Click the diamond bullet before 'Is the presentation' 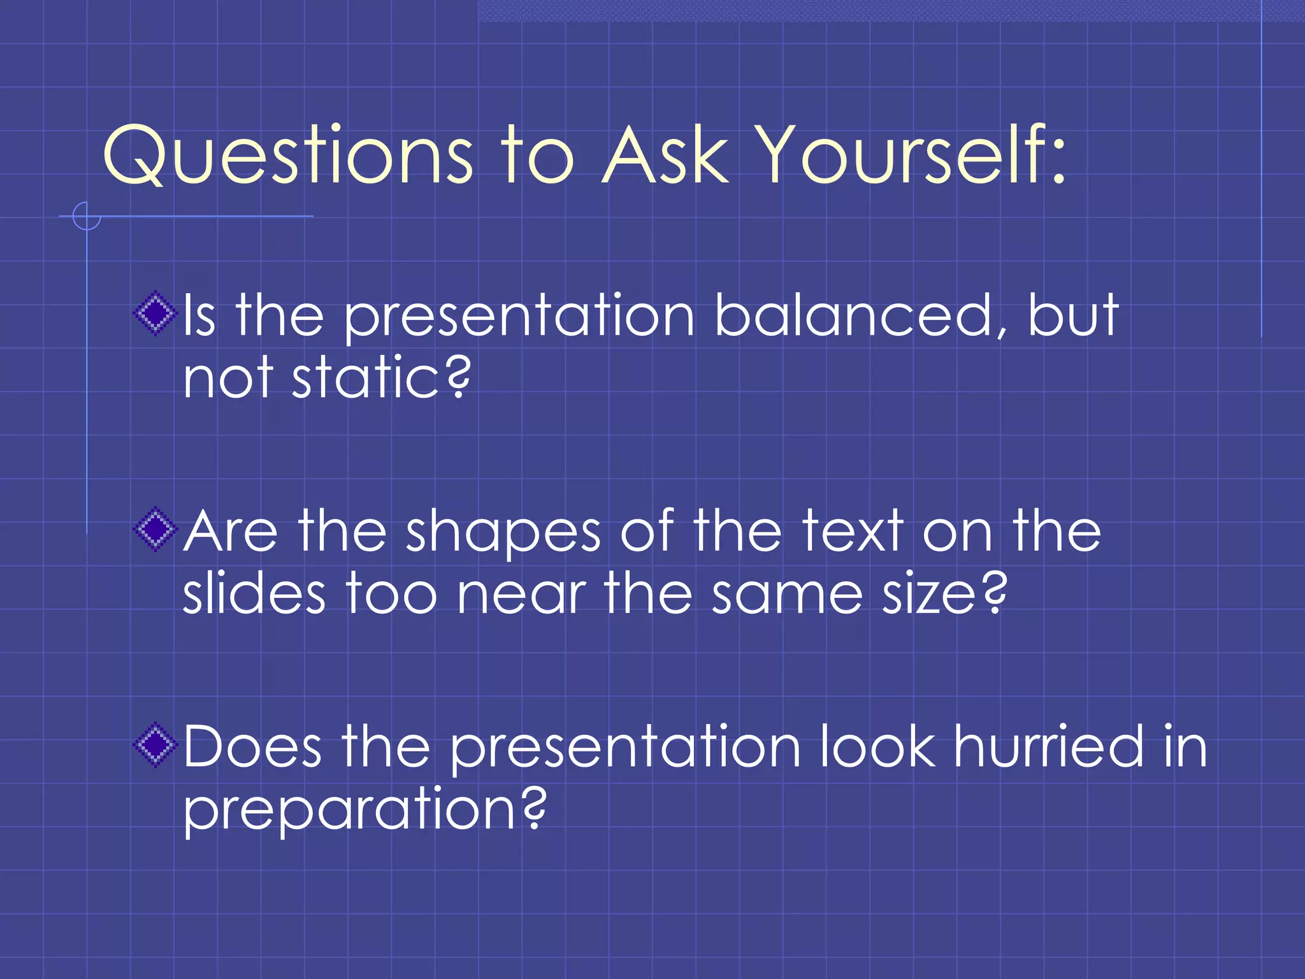(155, 314)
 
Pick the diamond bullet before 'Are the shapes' (155, 529)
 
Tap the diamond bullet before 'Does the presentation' (155, 744)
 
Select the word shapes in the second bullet (503, 532)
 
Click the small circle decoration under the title (87, 216)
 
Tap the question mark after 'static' (458, 377)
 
